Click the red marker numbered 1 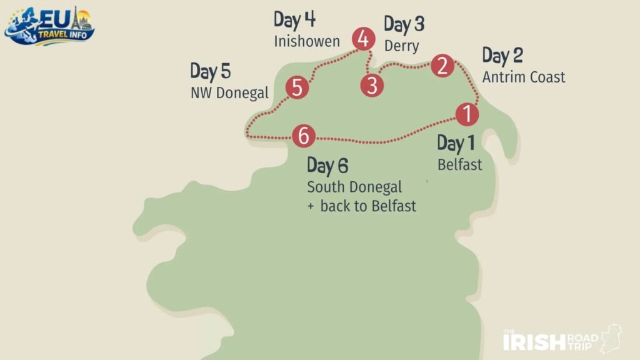tap(466, 114)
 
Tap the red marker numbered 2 tap(442, 65)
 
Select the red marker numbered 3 tap(372, 85)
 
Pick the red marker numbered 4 tap(362, 39)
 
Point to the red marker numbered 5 tap(297, 87)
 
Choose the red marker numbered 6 tap(304, 135)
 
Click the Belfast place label tap(459, 165)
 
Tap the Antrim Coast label tap(523, 77)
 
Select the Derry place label tap(401, 46)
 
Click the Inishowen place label tap(306, 42)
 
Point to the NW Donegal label tap(229, 93)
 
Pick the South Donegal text tap(354, 187)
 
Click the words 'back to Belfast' tap(367, 206)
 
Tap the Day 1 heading tap(456, 143)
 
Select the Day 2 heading tap(502, 56)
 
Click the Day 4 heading tap(294, 20)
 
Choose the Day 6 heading tap(327, 166)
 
